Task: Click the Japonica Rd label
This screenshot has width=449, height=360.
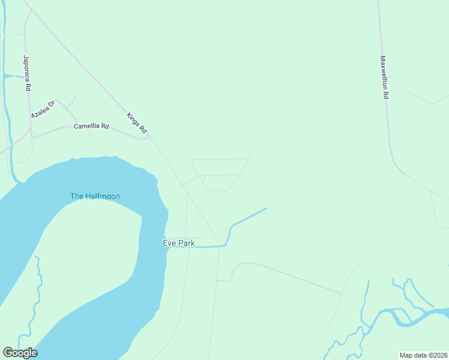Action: [26, 73]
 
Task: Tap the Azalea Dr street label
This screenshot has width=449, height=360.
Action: [43, 109]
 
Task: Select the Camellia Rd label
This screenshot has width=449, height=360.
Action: [91, 127]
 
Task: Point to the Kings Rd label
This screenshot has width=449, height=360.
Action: [137, 122]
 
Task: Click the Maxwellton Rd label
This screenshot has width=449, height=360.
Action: [385, 77]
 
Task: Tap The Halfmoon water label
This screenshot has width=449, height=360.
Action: [95, 196]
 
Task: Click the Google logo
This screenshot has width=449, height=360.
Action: [20, 353]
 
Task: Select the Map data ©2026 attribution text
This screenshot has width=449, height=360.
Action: [423, 355]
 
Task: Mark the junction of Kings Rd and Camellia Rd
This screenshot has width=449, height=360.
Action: [149, 137]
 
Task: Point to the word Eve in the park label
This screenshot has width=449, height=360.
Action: [168, 243]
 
